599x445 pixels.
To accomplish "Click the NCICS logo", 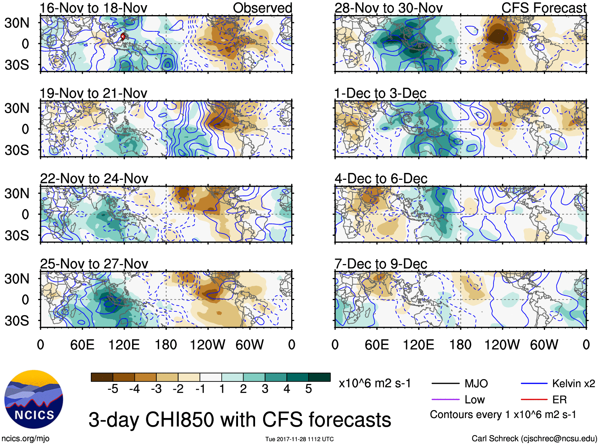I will (34, 399).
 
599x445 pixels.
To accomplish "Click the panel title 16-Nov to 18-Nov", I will (93, 8).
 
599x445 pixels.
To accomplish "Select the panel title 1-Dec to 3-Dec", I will (380, 93).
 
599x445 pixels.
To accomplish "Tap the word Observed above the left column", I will (262, 8).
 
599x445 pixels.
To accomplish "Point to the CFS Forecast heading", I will (543, 8).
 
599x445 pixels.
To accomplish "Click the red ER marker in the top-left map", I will (123, 37).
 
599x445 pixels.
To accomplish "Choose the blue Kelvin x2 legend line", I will (534, 383).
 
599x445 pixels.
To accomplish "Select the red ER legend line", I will (534, 400).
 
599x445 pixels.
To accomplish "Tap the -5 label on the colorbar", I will (113, 389).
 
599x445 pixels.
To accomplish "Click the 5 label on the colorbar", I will (309, 389).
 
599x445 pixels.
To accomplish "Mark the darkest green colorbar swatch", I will (319, 377).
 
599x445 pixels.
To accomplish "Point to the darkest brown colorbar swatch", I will (102, 377).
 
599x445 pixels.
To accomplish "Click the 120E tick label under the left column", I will (124, 345).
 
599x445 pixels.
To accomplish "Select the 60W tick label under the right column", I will (544, 345).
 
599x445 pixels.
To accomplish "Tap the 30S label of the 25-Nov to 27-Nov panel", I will (17, 321).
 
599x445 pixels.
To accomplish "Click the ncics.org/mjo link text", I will (25, 439).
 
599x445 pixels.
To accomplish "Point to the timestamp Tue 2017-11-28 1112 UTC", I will (299, 439).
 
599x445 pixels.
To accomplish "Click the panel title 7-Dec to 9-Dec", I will (380, 264).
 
